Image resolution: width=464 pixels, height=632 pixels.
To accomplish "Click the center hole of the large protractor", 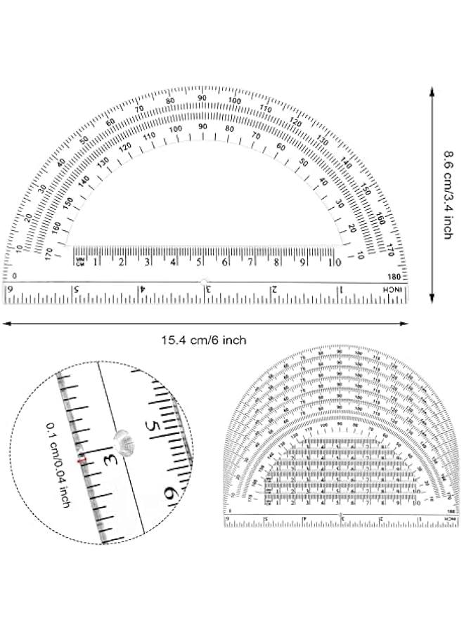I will (x=205, y=282).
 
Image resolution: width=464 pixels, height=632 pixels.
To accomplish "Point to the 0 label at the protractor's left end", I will (x=15, y=275).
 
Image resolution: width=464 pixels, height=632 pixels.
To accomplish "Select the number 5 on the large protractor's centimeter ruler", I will (x=199, y=263).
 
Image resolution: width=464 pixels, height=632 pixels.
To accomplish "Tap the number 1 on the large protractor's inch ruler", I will (x=341, y=290).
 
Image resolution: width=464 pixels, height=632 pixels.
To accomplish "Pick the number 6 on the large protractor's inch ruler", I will (x=11, y=290).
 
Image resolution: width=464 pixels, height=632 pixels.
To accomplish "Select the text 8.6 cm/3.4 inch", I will (x=446, y=194).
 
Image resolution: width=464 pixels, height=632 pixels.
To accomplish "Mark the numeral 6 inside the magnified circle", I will (x=170, y=493).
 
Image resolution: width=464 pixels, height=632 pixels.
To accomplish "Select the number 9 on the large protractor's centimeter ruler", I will (x=303, y=263).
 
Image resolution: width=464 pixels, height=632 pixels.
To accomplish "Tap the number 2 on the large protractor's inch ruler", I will (x=275, y=290).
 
